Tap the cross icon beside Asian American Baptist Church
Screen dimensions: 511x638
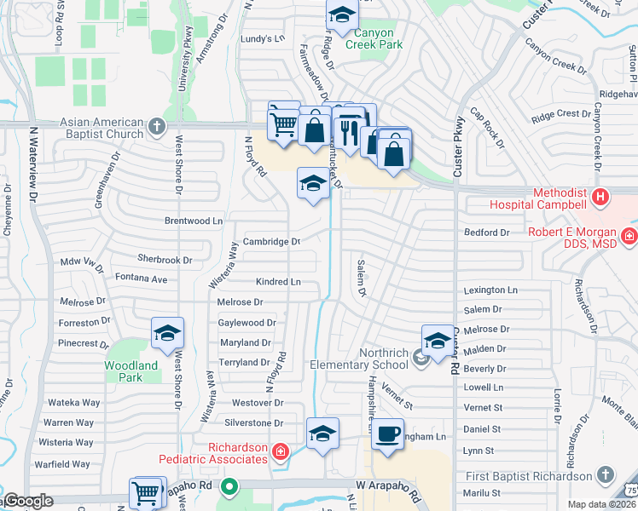pyautogui.click(x=156, y=128)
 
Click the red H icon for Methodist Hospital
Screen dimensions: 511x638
pyautogui.click(x=601, y=198)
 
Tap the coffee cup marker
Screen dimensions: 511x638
pyautogui.click(x=387, y=434)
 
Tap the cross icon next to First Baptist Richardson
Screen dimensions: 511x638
pyautogui.click(x=606, y=474)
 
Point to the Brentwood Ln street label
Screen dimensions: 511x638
pyautogui.click(x=194, y=221)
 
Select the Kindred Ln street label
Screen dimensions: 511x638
pyautogui.click(x=278, y=281)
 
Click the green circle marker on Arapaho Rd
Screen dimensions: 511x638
pyautogui.click(x=229, y=488)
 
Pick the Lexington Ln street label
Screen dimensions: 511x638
pyautogui.click(x=490, y=290)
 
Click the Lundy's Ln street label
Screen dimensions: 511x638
pyautogui.click(x=260, y=38)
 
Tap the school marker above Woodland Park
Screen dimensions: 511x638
pyautogui.click(x=168, y=332)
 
